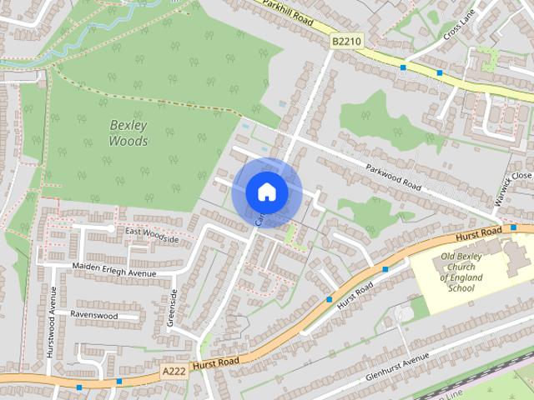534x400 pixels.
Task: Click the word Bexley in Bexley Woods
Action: [128, 126]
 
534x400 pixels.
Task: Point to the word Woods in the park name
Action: [128, 142]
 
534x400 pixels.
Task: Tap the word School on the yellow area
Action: [461, 288]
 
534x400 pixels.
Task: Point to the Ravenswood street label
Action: [93, 316]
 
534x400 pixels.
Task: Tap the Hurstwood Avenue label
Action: [51, 322]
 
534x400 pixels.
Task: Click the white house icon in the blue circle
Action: [266, 192]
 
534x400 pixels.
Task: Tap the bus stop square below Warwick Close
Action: [514, 227]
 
